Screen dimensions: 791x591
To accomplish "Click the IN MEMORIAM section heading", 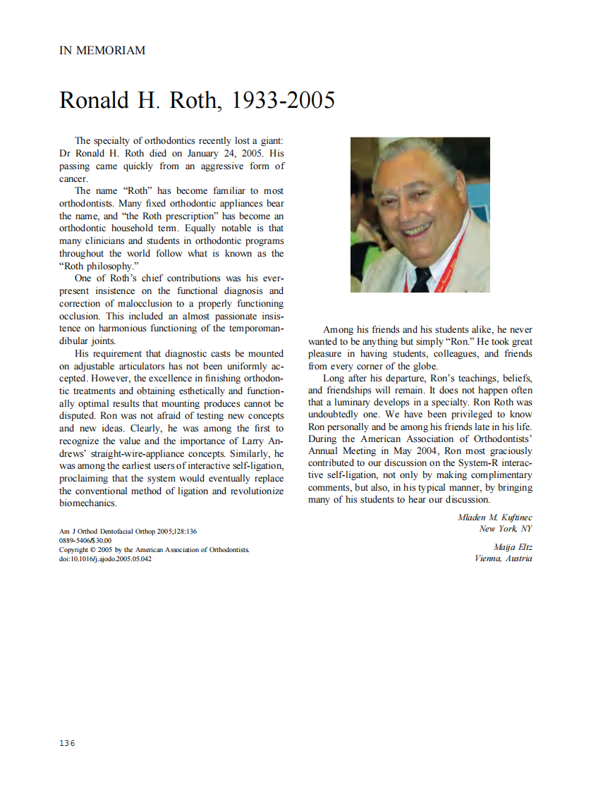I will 102,51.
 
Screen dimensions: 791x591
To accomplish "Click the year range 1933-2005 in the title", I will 283,101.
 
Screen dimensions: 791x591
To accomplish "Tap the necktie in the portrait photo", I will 421,281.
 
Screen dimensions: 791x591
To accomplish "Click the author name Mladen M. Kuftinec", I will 494,517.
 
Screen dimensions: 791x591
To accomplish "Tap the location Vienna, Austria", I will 504,559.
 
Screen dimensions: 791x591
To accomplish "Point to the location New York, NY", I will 506,529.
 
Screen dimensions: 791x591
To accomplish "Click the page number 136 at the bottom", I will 67,743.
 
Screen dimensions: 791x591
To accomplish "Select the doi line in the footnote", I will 105,559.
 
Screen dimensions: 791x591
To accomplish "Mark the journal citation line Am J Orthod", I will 128,531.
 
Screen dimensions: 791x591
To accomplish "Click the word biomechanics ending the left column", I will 87,504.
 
